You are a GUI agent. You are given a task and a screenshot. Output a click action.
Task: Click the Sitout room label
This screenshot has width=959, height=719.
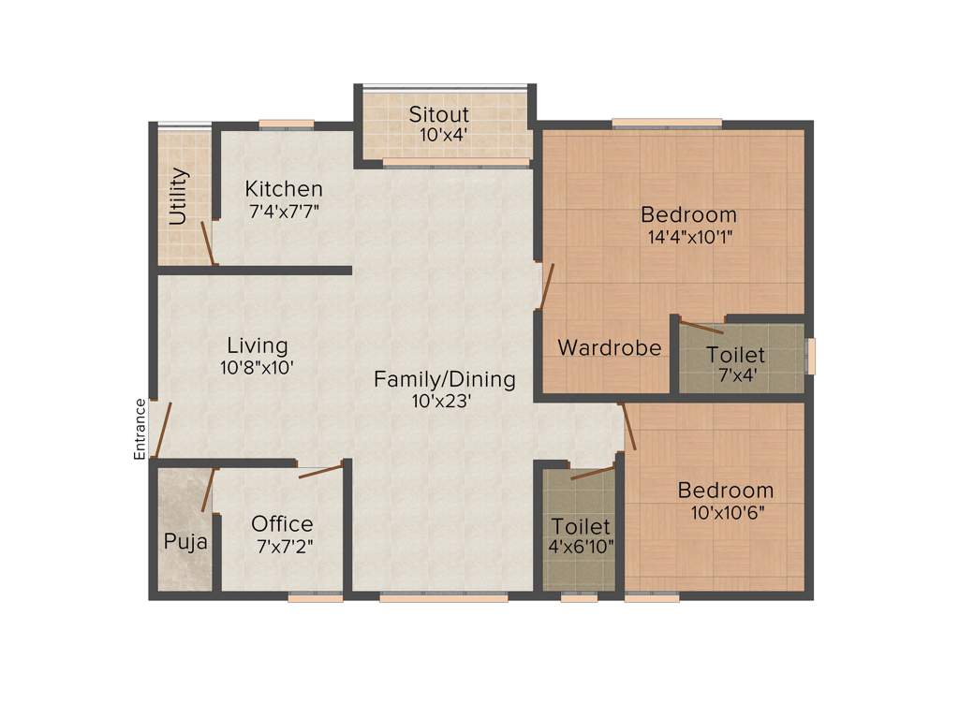tap(438, 114)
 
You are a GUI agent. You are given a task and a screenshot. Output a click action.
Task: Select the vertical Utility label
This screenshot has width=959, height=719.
tap(177, 197)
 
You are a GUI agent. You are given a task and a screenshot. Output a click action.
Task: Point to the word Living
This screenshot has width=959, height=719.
tap(258, 346)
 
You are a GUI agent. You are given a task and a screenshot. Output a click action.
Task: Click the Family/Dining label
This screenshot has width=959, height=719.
tap(445, 379)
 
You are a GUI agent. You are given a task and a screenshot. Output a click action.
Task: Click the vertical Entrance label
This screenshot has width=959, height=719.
tap(140, 428)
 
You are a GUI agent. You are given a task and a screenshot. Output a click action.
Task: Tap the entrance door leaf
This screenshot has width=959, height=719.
tap(163, 432)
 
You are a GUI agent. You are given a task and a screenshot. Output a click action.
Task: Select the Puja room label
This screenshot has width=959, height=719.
tap(185, 542)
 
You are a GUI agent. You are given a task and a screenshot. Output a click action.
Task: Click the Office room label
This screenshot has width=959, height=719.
tap(282, 524)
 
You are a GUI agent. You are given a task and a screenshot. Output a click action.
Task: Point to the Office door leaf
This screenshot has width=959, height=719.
tap(320, 471)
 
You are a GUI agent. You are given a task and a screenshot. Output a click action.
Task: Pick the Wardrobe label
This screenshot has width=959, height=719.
tap(609, 348)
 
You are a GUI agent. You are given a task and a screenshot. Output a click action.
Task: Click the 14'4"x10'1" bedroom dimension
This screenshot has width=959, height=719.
tap(690, 237)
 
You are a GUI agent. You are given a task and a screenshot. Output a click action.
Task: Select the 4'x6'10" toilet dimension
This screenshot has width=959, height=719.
tap(581, 548)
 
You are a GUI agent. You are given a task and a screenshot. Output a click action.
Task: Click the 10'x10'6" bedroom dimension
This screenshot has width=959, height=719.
tap(726, 512)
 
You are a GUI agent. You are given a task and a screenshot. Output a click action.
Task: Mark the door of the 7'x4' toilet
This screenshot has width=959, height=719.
tap(701, 327)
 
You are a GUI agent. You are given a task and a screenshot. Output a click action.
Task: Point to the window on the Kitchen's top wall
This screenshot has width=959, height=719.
tap(286, 123)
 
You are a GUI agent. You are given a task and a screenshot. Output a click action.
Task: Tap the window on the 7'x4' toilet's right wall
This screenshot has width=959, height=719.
tap(811, 357)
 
